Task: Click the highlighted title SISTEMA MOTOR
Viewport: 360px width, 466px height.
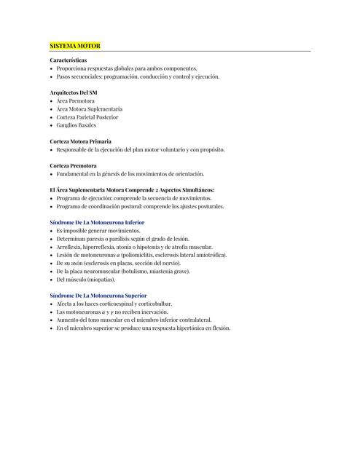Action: pos(75,46)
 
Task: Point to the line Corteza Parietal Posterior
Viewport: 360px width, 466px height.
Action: pos(87,116)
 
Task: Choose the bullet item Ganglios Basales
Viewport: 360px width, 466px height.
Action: pos(77,125)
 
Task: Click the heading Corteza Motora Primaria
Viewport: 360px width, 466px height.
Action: pos(80,141)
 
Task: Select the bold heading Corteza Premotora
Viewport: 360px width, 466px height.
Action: pos(73,166)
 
